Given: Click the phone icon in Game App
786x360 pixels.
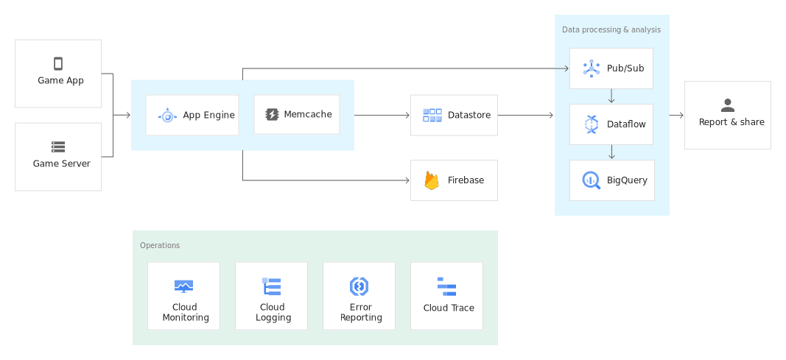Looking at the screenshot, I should [x=58, y=64].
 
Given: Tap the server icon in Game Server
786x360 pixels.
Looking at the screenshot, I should [x=58, y=147].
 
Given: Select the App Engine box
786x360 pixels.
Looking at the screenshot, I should [x=192, y=115].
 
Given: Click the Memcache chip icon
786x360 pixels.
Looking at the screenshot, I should [x=272, y=115].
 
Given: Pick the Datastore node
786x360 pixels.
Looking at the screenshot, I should [x=454, y=115].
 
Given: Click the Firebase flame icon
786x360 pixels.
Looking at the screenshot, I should [x=432, y=180].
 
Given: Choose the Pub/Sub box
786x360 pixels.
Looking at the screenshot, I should [x=611, y=68].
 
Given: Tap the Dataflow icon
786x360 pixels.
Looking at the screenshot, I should [x=591, y=124].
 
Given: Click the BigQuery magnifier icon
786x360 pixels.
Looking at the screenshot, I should [x=591, y=180].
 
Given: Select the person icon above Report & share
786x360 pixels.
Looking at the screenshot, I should [x=728, y=105].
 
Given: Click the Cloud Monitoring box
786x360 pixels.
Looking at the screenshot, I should [x=183, y=296].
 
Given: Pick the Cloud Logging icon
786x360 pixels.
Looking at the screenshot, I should [x=272, y=286].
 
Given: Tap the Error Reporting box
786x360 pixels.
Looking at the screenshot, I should [x=359, y=296].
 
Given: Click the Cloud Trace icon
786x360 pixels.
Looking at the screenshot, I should [x=446, y=286].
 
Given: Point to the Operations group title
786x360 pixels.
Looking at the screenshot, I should [x=160, y=245].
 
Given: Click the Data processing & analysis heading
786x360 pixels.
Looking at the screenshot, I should [x=611, y=30].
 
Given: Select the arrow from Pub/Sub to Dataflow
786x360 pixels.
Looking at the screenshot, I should [x=611, y=96].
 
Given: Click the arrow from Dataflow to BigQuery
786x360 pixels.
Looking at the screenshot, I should [x=611, y=152].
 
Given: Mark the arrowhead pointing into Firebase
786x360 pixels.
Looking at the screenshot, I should [x=407, y=180].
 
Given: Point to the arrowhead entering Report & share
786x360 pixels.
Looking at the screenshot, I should [x=681, y=115].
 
